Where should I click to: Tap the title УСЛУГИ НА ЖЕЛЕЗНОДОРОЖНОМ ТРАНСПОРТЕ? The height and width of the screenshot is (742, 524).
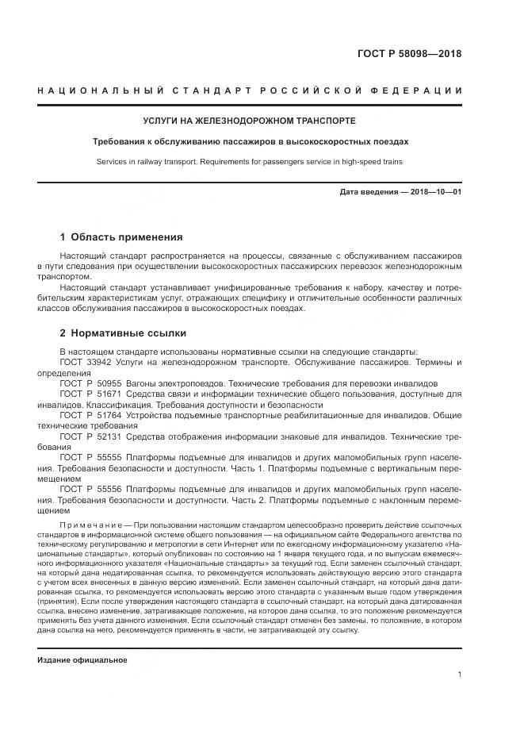pyautogui.click(x=249, y=121)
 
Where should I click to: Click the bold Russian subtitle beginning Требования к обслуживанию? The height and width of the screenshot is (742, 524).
pyautogui.click(x=250, y=142)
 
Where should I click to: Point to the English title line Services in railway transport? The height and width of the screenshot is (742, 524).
pyautogui.click(x=250, y=162)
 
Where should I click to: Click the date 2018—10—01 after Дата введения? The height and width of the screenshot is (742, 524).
pyautogui.click(x=434, y=193)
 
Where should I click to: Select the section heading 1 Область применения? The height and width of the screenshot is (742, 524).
pyautogui.click(x=121, y=236)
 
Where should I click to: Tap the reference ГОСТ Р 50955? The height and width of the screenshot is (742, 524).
pyautogui.click(x=87, y=383)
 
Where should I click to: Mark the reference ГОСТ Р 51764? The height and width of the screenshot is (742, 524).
pyautogui.click(x=87, y=414)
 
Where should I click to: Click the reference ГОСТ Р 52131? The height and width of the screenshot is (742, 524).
pyautogui.click(x=87, y=436)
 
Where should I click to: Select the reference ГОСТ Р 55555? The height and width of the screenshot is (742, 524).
pyautogui.click(x=87, y=458)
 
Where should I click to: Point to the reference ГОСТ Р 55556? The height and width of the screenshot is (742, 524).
pyautogui.click(x=87, y=490)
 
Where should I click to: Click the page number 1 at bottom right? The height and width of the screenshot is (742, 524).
pyautogui.click(x=460, y=675)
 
